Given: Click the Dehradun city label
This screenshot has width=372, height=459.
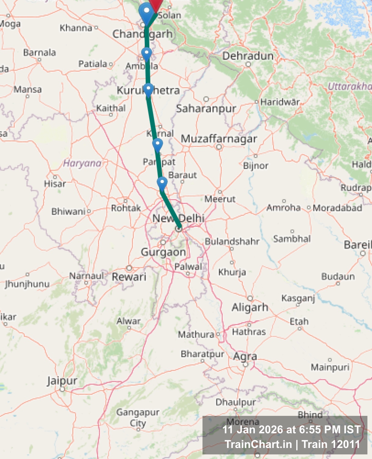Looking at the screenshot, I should coord(248,56).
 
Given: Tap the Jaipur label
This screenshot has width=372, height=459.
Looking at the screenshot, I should coord(62,381).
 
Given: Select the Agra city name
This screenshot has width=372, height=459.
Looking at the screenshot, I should coord(245,357).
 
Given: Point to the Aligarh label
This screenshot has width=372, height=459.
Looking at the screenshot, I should coord(250,307).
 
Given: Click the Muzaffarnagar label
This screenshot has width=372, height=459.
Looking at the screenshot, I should coord(219,139).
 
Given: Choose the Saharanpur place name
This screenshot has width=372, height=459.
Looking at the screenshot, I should coord(206,108).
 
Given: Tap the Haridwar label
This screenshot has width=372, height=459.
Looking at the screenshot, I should coord(280,102).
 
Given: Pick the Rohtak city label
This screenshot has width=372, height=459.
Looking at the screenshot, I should coord(126,208).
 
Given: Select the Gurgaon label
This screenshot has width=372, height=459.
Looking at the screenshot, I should coord(163,252).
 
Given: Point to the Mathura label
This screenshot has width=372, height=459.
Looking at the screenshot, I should coord(196,334).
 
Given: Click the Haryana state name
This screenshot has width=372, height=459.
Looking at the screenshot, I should coord(82,163).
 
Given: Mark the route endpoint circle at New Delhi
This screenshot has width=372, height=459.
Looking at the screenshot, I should coord(179,229).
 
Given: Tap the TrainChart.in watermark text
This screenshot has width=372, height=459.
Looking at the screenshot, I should coord(258,444).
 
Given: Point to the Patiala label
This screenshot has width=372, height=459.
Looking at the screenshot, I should coord(93,64).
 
